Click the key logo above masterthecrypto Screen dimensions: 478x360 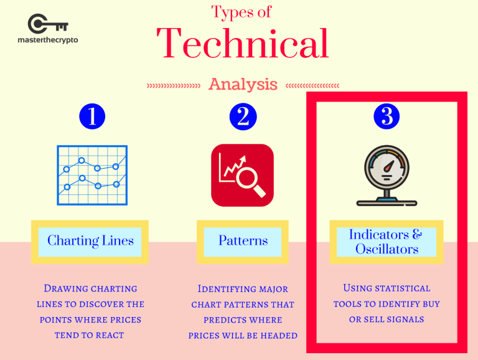[47, 24]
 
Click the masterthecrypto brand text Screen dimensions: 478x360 [48, 40]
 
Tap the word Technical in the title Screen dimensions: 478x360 [243, 43]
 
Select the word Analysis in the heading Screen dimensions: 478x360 [243, 85]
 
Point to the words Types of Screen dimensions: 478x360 [241, 12]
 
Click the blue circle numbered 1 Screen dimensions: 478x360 [92, 116]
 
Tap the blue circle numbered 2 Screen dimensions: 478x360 [243, 116]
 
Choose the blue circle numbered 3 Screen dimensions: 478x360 [387, 116]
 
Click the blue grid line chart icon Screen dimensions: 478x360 [92, 175]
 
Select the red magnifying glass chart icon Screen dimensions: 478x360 [242, 175]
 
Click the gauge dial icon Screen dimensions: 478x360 [387, 176]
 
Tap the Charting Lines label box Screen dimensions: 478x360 [90, 242]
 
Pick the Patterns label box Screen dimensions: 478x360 [243, 242]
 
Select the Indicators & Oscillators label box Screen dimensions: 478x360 [387, 242]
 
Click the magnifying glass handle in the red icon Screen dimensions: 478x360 [259, 191]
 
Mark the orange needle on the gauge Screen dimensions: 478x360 [388, 166]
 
